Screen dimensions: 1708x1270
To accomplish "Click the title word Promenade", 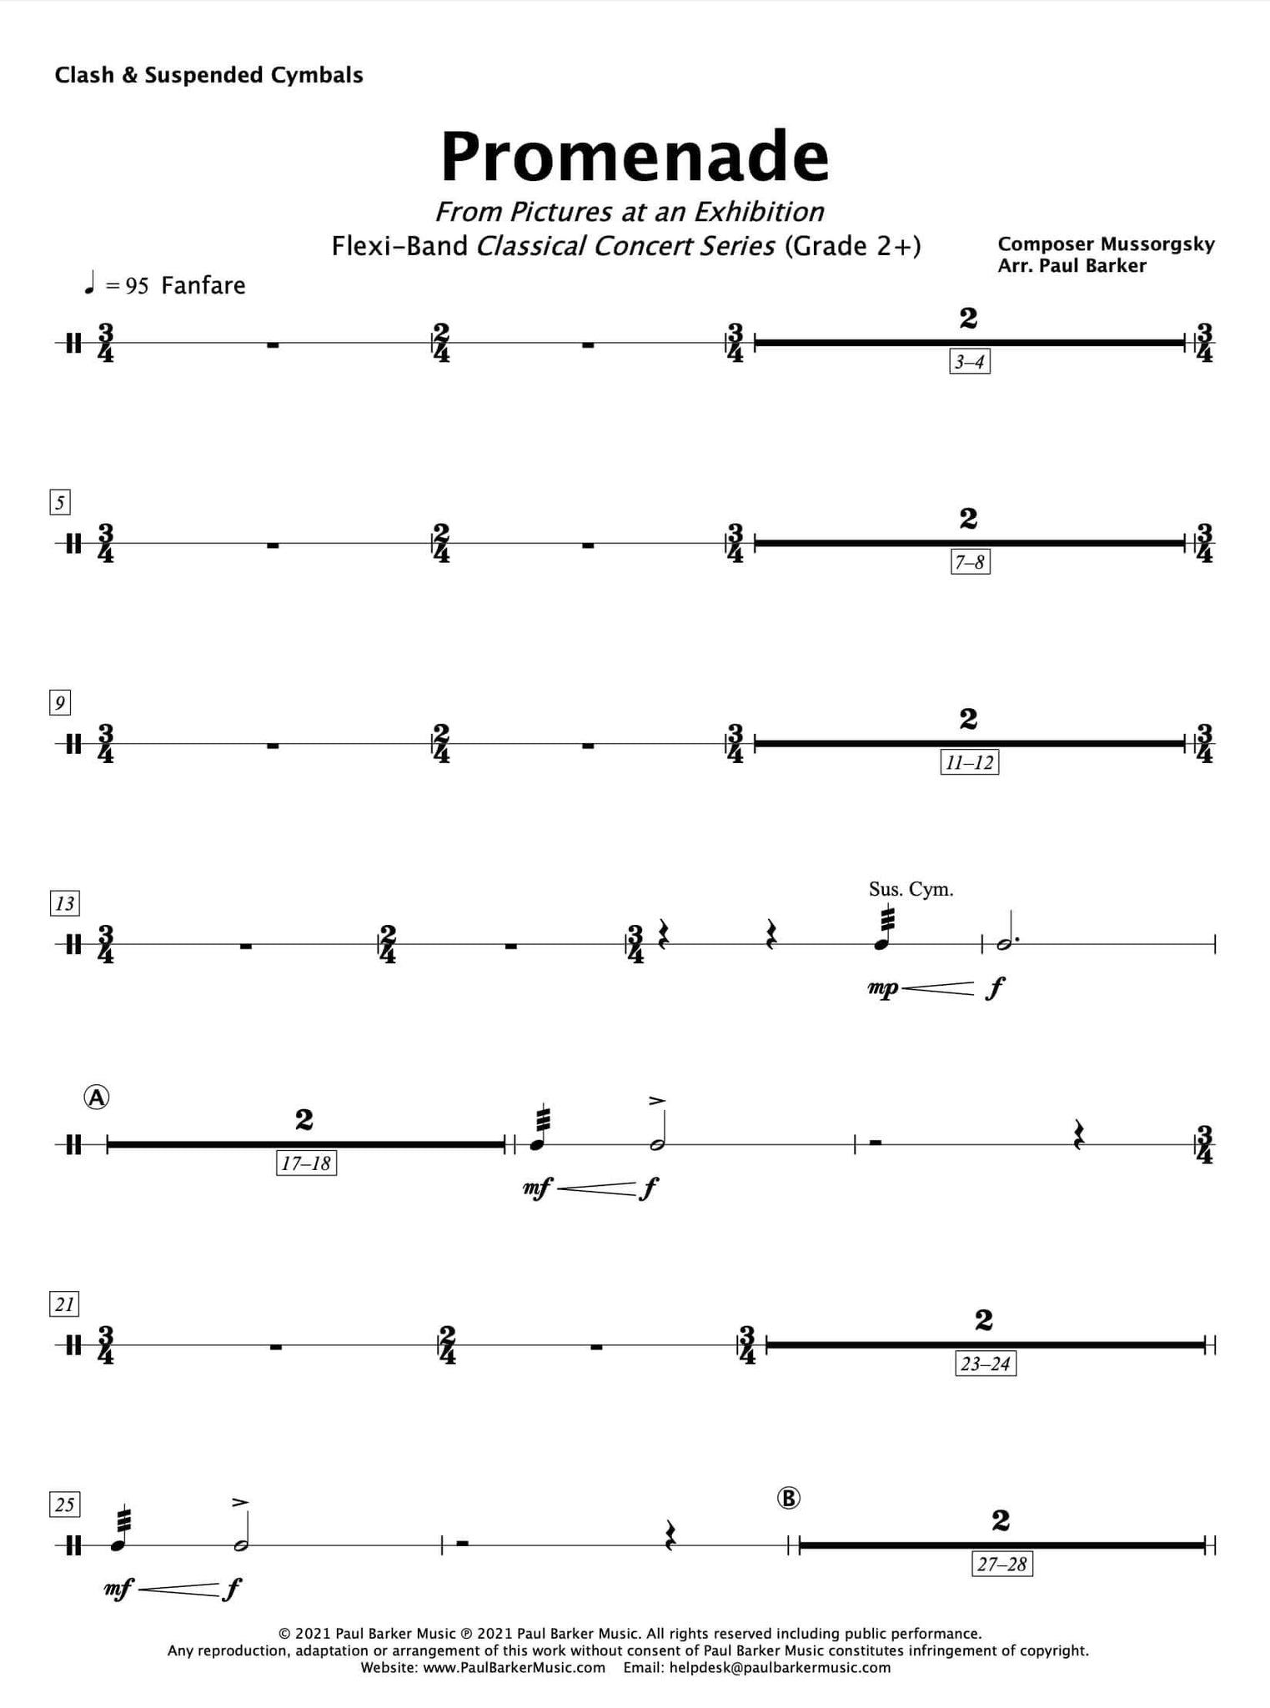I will click(635, 156).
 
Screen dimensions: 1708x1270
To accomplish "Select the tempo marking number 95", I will click(137, 286).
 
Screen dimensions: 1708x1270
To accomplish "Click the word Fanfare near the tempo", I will click(203, 285).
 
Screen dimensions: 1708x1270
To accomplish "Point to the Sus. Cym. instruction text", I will click(911, 889).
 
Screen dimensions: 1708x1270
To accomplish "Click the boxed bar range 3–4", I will click(970, 362).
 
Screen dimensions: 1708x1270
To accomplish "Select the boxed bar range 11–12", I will click(969, 763).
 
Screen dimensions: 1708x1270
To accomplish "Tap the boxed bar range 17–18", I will click(306, 1163).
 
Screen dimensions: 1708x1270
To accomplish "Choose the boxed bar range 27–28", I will click(1001, 1565).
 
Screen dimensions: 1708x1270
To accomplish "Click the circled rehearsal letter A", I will click(97, 1098).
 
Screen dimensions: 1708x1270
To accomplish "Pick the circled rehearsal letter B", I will click(788, 1499).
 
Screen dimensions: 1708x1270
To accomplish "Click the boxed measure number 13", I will click(64, 903).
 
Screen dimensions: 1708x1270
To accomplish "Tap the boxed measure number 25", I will click(64, 1505).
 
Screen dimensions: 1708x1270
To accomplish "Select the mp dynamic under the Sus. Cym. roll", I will click(883, 989).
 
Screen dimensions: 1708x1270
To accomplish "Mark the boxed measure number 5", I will click(59, 503).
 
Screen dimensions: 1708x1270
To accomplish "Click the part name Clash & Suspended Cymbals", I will click(208, 75).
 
